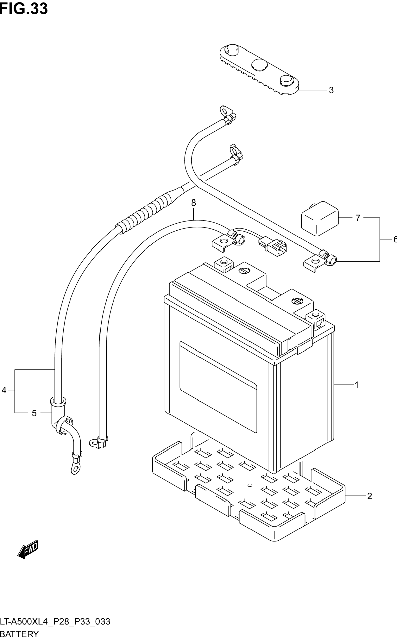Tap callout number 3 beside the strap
coord(331,90)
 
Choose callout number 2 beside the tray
coord(369,496)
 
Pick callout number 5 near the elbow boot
coord(34,413)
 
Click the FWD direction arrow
coord(28,549)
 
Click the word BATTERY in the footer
coord(19,634)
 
